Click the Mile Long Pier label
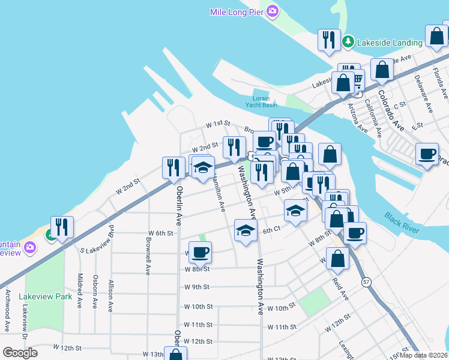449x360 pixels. (x=237, y=12)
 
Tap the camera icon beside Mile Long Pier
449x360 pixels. (x=273, y=11)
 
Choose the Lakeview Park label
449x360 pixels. (x=45, y=296)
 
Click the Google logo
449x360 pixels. (x=20, y=353)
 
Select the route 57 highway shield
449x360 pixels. (x=365, y=281)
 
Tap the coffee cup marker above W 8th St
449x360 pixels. (x=200, y=252)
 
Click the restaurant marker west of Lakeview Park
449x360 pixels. (x=62, y=226)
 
